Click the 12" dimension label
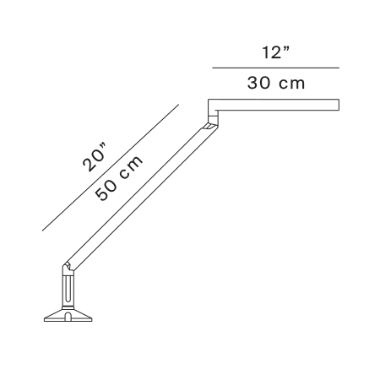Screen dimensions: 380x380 click(x=276, y=52)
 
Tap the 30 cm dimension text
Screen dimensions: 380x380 click(x=276, y=84)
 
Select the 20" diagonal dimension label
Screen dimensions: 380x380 click(x=95, y=157)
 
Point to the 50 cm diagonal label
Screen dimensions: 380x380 click(x=119, y=178)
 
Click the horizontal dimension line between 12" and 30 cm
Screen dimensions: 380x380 click(x=275, y=68)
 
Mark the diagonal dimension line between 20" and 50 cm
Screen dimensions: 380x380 click(x=111, y=168)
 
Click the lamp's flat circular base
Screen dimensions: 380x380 click(x=68, y=315)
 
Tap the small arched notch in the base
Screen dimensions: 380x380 click(x=68, y=317)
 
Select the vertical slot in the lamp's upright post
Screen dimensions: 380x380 click(x=68, y=289)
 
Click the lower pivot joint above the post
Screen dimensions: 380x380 click(x=68, y=269)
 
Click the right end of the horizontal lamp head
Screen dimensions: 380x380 click(x=339, y=105)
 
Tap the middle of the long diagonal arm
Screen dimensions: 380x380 click(x=140, y=197)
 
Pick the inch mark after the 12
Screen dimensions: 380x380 click(x=286, y=49)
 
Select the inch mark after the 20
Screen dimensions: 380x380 click(x=103, y=147)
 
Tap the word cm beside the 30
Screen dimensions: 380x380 click(x=292, y=84)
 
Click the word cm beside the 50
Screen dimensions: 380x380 click(x=131, y=166)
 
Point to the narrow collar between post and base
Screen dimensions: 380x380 click(x=68, y=305)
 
